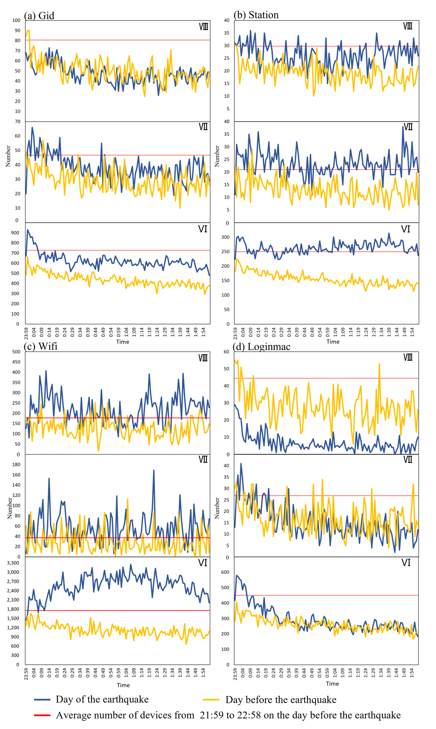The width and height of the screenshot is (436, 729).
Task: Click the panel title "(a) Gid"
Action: [39, 16]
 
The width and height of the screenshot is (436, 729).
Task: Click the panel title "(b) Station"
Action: [256, 15]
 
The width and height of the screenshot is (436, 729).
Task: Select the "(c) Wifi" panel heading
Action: [40, 346]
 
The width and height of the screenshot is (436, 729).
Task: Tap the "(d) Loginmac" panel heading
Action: [261, 346]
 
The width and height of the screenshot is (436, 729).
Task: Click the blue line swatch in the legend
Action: [42, 700]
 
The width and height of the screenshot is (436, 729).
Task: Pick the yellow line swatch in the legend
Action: [211, 700]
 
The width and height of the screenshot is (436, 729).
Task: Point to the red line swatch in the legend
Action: [42, 715]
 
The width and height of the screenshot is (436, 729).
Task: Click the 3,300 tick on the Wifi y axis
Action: [13, 563]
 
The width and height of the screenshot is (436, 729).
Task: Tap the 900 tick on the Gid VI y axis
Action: [15, 233]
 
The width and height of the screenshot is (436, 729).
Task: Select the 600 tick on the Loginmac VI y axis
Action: [225, 572]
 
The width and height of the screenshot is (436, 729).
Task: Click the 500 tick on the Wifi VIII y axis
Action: [16, 352]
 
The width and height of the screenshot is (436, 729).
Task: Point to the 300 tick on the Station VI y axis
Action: [225, 237]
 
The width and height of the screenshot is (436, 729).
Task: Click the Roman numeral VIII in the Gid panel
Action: [203, 27]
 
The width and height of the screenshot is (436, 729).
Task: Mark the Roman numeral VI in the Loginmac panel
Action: [406, 563]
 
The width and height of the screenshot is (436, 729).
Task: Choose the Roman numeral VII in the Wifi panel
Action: [203, 459]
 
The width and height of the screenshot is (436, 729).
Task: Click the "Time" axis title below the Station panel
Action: [333, 342]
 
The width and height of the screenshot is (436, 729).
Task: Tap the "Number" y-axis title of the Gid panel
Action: [8, 156]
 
